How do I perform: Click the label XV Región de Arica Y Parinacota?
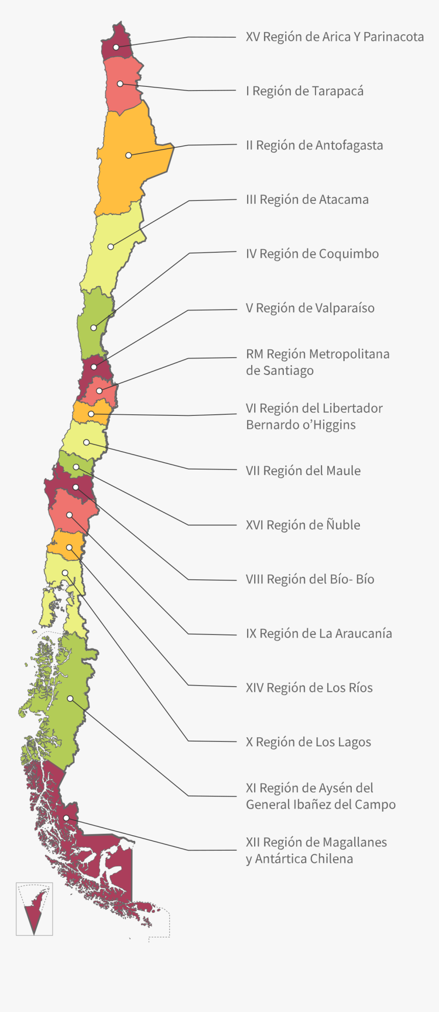[x=334, y=37]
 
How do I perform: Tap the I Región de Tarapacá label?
[x=304, y=91]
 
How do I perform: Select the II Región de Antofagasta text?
[x=314, y=146]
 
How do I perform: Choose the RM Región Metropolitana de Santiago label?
[x=317, y=362]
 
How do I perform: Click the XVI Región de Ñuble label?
[x=303, y=525]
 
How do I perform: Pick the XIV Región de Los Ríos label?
[x=309, y=688]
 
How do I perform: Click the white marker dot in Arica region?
[x=116, y=47]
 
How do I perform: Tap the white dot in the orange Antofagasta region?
[x=129, y=155]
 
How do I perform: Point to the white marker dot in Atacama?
[x=111, y=247]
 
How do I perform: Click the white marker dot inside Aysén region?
[x=70, y=698]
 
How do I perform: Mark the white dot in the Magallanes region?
[x=66, y=818]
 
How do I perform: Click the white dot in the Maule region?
[x=86, y=442]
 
